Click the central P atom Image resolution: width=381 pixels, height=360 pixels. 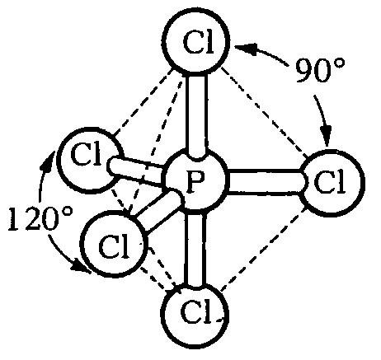(x=196, y=180)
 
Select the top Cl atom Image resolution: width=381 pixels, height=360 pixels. (x=196, y=42)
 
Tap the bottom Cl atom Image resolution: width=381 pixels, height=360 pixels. (x=195, y=315)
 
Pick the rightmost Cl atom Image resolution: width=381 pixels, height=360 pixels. (x=332, y=182)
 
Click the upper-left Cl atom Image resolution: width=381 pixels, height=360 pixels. (x=88, y=161)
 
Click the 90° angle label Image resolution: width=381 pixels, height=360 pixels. (x=320, y=70)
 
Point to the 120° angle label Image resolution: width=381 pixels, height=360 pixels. (x=40, y=219)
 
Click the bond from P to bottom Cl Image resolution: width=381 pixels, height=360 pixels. (x=195, y=250)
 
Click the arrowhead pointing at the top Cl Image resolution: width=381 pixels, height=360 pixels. (x=247, y=49)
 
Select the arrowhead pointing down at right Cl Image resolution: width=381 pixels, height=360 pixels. (x=327, y=134)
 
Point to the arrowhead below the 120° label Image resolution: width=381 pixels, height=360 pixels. (x=81, y=268)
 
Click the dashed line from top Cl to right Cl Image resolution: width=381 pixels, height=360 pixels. (x=264, y=113)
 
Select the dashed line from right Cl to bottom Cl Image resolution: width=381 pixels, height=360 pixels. (x=263, y=250)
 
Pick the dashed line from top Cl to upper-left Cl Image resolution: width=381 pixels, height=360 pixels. (x=143, y=103)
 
